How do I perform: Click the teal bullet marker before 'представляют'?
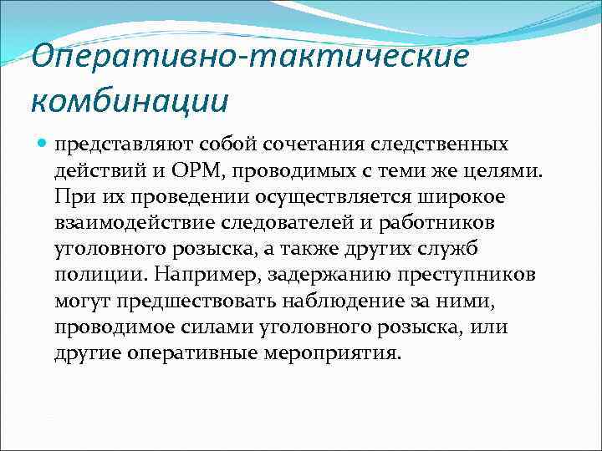pos(43,144)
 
